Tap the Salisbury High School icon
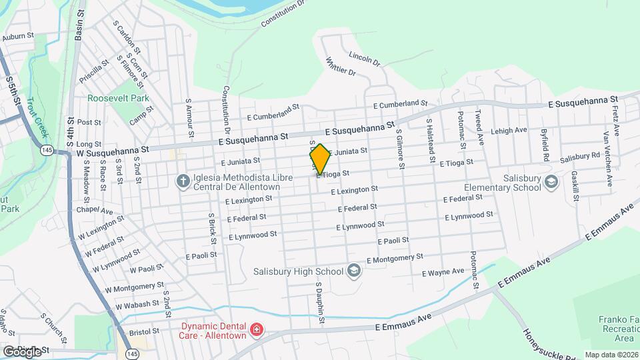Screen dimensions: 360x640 [x=353, y=271]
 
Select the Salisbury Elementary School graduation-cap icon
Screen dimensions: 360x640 [x=551, y=181]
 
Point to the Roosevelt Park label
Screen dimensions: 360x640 [x=119, y=98]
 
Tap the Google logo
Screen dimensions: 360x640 [x=23, y=351]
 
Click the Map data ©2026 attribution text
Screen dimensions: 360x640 [x=611, y=355]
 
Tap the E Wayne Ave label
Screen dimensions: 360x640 [x=443, y=272]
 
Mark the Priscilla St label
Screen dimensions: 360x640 [x=94, y=70]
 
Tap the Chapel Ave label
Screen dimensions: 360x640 [x=94, y=211]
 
